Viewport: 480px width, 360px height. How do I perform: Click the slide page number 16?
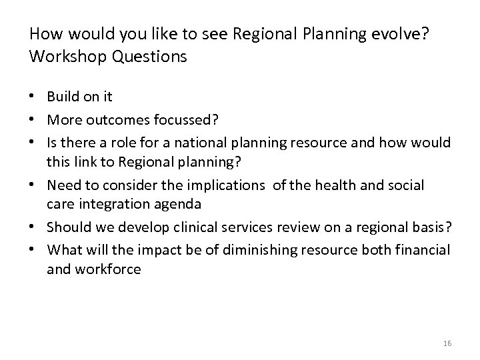(x=447, y=343)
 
